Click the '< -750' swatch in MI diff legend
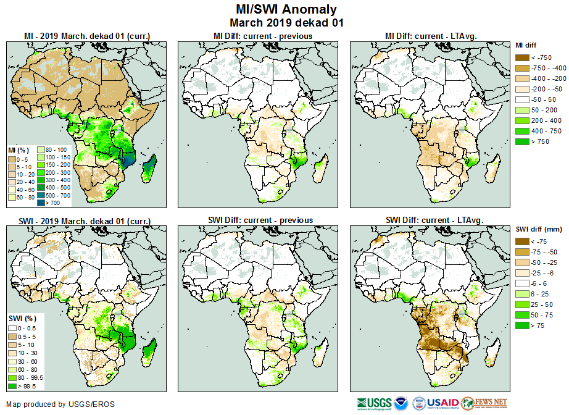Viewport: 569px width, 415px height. pos(522,57)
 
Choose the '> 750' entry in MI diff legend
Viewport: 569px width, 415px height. pos(522,141)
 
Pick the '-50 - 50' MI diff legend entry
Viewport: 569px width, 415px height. pos(522,99)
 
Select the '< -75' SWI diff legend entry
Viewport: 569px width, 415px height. pos(522,241)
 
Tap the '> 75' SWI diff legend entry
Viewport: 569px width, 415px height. pos(522,325)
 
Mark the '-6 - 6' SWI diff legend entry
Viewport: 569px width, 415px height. pos(522,283)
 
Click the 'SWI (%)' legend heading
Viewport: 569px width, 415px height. pos(20,318)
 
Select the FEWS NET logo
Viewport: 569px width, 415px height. pos(484,403)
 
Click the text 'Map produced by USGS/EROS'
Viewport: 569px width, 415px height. pos(60,405)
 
